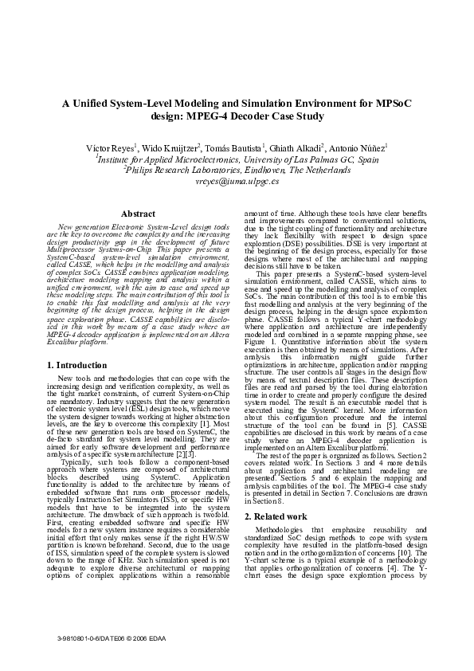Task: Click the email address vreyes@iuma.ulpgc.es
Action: pyautogui.click(x=237, y=181)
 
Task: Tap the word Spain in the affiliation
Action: pyautogui.click(x=366, y=159)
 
